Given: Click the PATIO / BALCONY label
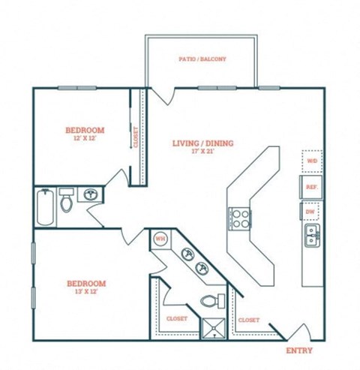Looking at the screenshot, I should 202,59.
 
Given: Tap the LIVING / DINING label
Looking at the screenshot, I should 202,143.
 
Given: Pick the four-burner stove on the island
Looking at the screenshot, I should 239,218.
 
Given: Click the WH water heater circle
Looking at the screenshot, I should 160,239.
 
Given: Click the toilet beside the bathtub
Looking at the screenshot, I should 67,200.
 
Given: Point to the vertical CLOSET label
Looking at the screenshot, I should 136,137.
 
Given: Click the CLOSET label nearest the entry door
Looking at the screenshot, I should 248,320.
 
